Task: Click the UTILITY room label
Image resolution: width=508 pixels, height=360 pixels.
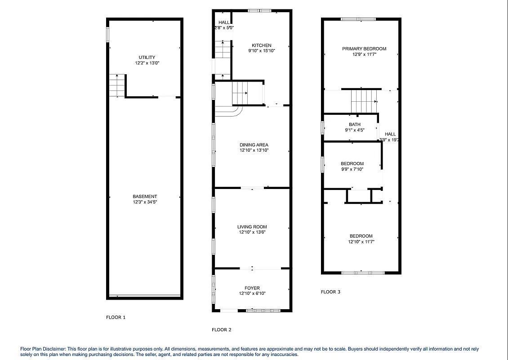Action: [x=147, y=57]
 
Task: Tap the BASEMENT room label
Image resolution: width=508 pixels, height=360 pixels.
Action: [x=145, y=196]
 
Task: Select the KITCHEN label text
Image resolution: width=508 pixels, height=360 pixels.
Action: [x=261, y=45]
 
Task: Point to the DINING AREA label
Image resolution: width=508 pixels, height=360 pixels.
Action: [x=254, y=145]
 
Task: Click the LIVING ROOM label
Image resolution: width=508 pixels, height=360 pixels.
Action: [x=252, y=227]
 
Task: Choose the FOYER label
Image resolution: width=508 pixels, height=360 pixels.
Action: [x=252, y=288]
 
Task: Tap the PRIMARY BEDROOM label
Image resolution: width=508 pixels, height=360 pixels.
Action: [x=364, y=49]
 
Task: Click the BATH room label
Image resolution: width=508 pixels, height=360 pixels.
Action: [x=355, y=125]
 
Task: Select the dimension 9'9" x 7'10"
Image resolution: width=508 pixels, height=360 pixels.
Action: [x=352, y=169]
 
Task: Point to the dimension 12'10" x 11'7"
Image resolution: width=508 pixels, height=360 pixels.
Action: [x=361, y=242]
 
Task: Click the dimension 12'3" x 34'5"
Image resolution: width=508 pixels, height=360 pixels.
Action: [x=145, y=202]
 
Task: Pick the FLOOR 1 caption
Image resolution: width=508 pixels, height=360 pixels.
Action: [x=116, y=317]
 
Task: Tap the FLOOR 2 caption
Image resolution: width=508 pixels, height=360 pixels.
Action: [x=222, y=330]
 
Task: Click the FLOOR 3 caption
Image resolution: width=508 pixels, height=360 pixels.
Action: [x=330, y=292]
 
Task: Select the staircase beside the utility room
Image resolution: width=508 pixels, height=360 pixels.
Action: [x=117, y=85]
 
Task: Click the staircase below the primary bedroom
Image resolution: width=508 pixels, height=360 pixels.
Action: [x=363, y=101]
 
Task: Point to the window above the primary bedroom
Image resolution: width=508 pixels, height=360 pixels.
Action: [x=358, y=19]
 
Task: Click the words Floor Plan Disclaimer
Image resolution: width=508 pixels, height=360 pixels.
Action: [x=43, y=349]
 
